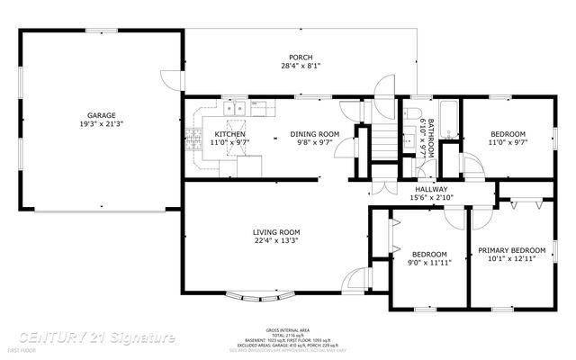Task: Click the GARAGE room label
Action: tap(101, 114)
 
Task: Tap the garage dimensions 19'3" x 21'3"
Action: tap(101, 124)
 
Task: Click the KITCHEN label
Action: tap(229, 134)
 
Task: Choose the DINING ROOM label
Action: tap(315, 134)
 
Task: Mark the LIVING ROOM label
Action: tap(275, 232)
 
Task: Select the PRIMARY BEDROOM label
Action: tap(511, 250)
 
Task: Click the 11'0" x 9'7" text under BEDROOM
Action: tap(507, 142)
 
